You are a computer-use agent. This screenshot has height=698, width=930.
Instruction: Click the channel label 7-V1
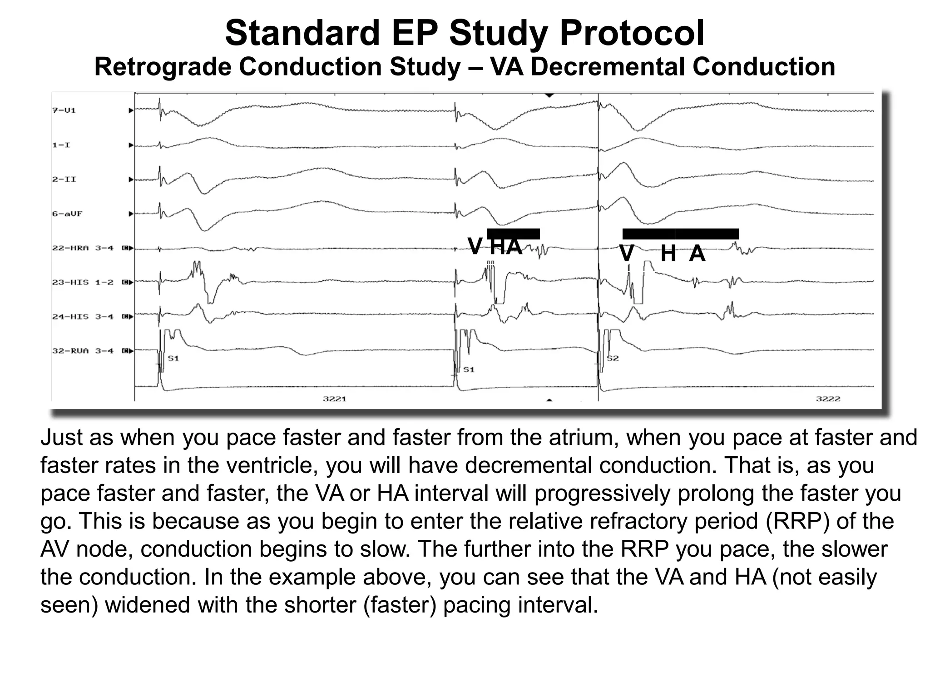click(x=64, y=110)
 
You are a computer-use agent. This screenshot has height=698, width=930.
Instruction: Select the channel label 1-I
click(x=61, y=145)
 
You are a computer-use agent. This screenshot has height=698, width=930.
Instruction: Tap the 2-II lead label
click(x=64, y=179)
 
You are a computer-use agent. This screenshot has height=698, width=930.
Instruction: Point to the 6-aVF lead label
click(x=67, y=214)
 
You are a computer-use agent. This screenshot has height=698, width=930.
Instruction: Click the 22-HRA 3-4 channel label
click(x=83, y=248)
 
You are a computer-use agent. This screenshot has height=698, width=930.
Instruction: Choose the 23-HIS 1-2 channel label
click(x=83, y=282)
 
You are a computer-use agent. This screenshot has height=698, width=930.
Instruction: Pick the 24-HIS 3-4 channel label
click(x=83, y=317)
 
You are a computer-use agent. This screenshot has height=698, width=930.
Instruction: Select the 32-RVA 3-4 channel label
click(x=83, y=351)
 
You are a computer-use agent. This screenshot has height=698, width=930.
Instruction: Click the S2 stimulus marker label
click(x=613, y=359)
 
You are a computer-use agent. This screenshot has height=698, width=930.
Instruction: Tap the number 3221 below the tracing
click(x=335, y=399)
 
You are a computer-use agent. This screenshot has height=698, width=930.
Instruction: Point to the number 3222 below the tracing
click(x=828, y=399)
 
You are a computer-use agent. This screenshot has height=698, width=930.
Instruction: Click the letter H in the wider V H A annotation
click(x=668, y=254)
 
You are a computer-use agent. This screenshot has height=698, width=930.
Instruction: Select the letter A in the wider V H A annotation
click(x=697, y=254)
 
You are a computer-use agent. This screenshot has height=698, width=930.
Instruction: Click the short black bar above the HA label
click(x=513, y=234)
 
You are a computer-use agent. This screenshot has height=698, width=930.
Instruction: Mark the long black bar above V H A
click(x=680, y=234)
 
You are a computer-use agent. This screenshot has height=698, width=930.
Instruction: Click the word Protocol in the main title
click(x=632, y=33)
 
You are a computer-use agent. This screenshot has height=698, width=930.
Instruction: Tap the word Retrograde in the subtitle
click(x=163, y=67)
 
